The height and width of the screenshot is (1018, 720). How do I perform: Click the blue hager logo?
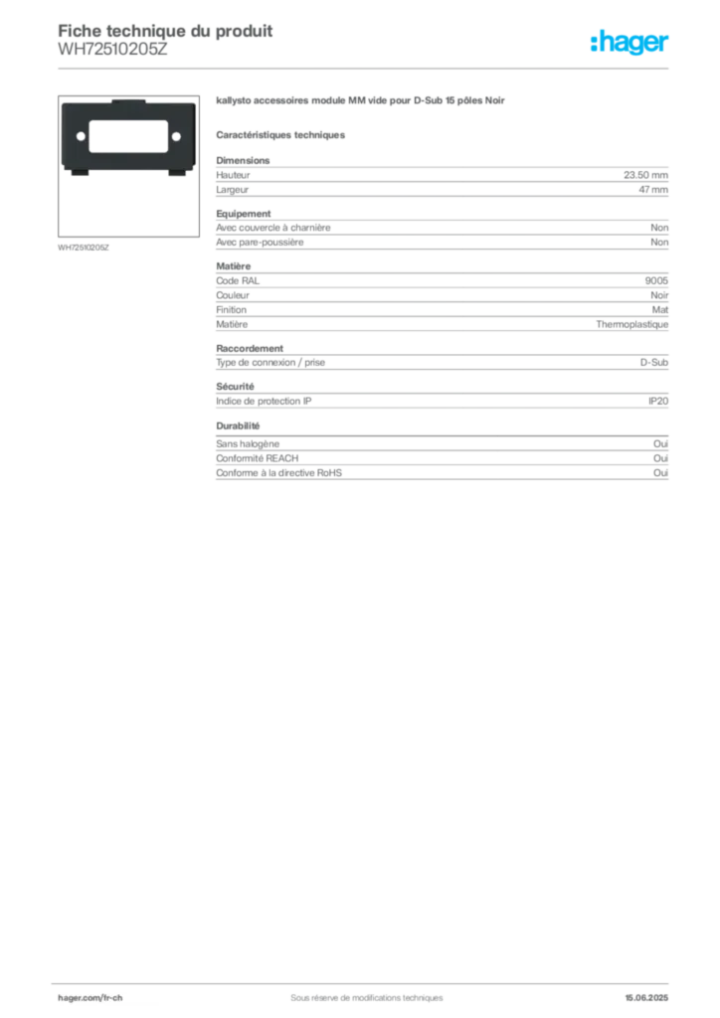[631, 44]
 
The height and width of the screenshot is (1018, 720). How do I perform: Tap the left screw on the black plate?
[79, 136]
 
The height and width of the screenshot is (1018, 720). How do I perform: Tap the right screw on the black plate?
[176, 136]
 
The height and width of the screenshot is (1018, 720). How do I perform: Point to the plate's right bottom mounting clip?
[179, 177]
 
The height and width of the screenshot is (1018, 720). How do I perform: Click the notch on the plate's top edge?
[127, 101]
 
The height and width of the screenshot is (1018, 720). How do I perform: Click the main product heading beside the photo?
[362, 103]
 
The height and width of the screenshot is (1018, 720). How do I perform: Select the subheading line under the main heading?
[282, 134]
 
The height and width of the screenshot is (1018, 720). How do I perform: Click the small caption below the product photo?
[83, 246]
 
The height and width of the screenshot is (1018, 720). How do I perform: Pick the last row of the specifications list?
[442, 475]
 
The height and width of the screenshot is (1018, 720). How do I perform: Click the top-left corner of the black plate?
[64, 102]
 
